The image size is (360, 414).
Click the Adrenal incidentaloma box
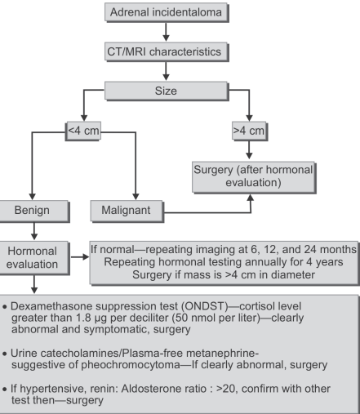pos(167,12)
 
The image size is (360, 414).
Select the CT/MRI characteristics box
pos(167,51)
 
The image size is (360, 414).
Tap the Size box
pos(167,91)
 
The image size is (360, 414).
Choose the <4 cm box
pos(83,131)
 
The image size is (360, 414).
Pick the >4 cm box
pos(249,131)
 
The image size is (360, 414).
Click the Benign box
pos(33,211)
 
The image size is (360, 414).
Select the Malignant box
pos(127,211)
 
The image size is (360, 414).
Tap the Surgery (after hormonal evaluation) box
pos(254,177)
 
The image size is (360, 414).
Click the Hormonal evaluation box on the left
pos(33,257)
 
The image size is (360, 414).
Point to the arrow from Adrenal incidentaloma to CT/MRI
pos(166,32)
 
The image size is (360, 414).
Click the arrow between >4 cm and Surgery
pos(249,149)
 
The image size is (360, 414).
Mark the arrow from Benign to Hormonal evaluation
pos(34,231)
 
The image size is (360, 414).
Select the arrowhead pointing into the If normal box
pos(86,256)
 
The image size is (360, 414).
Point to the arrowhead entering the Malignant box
pos(136,197)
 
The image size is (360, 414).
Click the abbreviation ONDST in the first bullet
pos(206,306)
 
